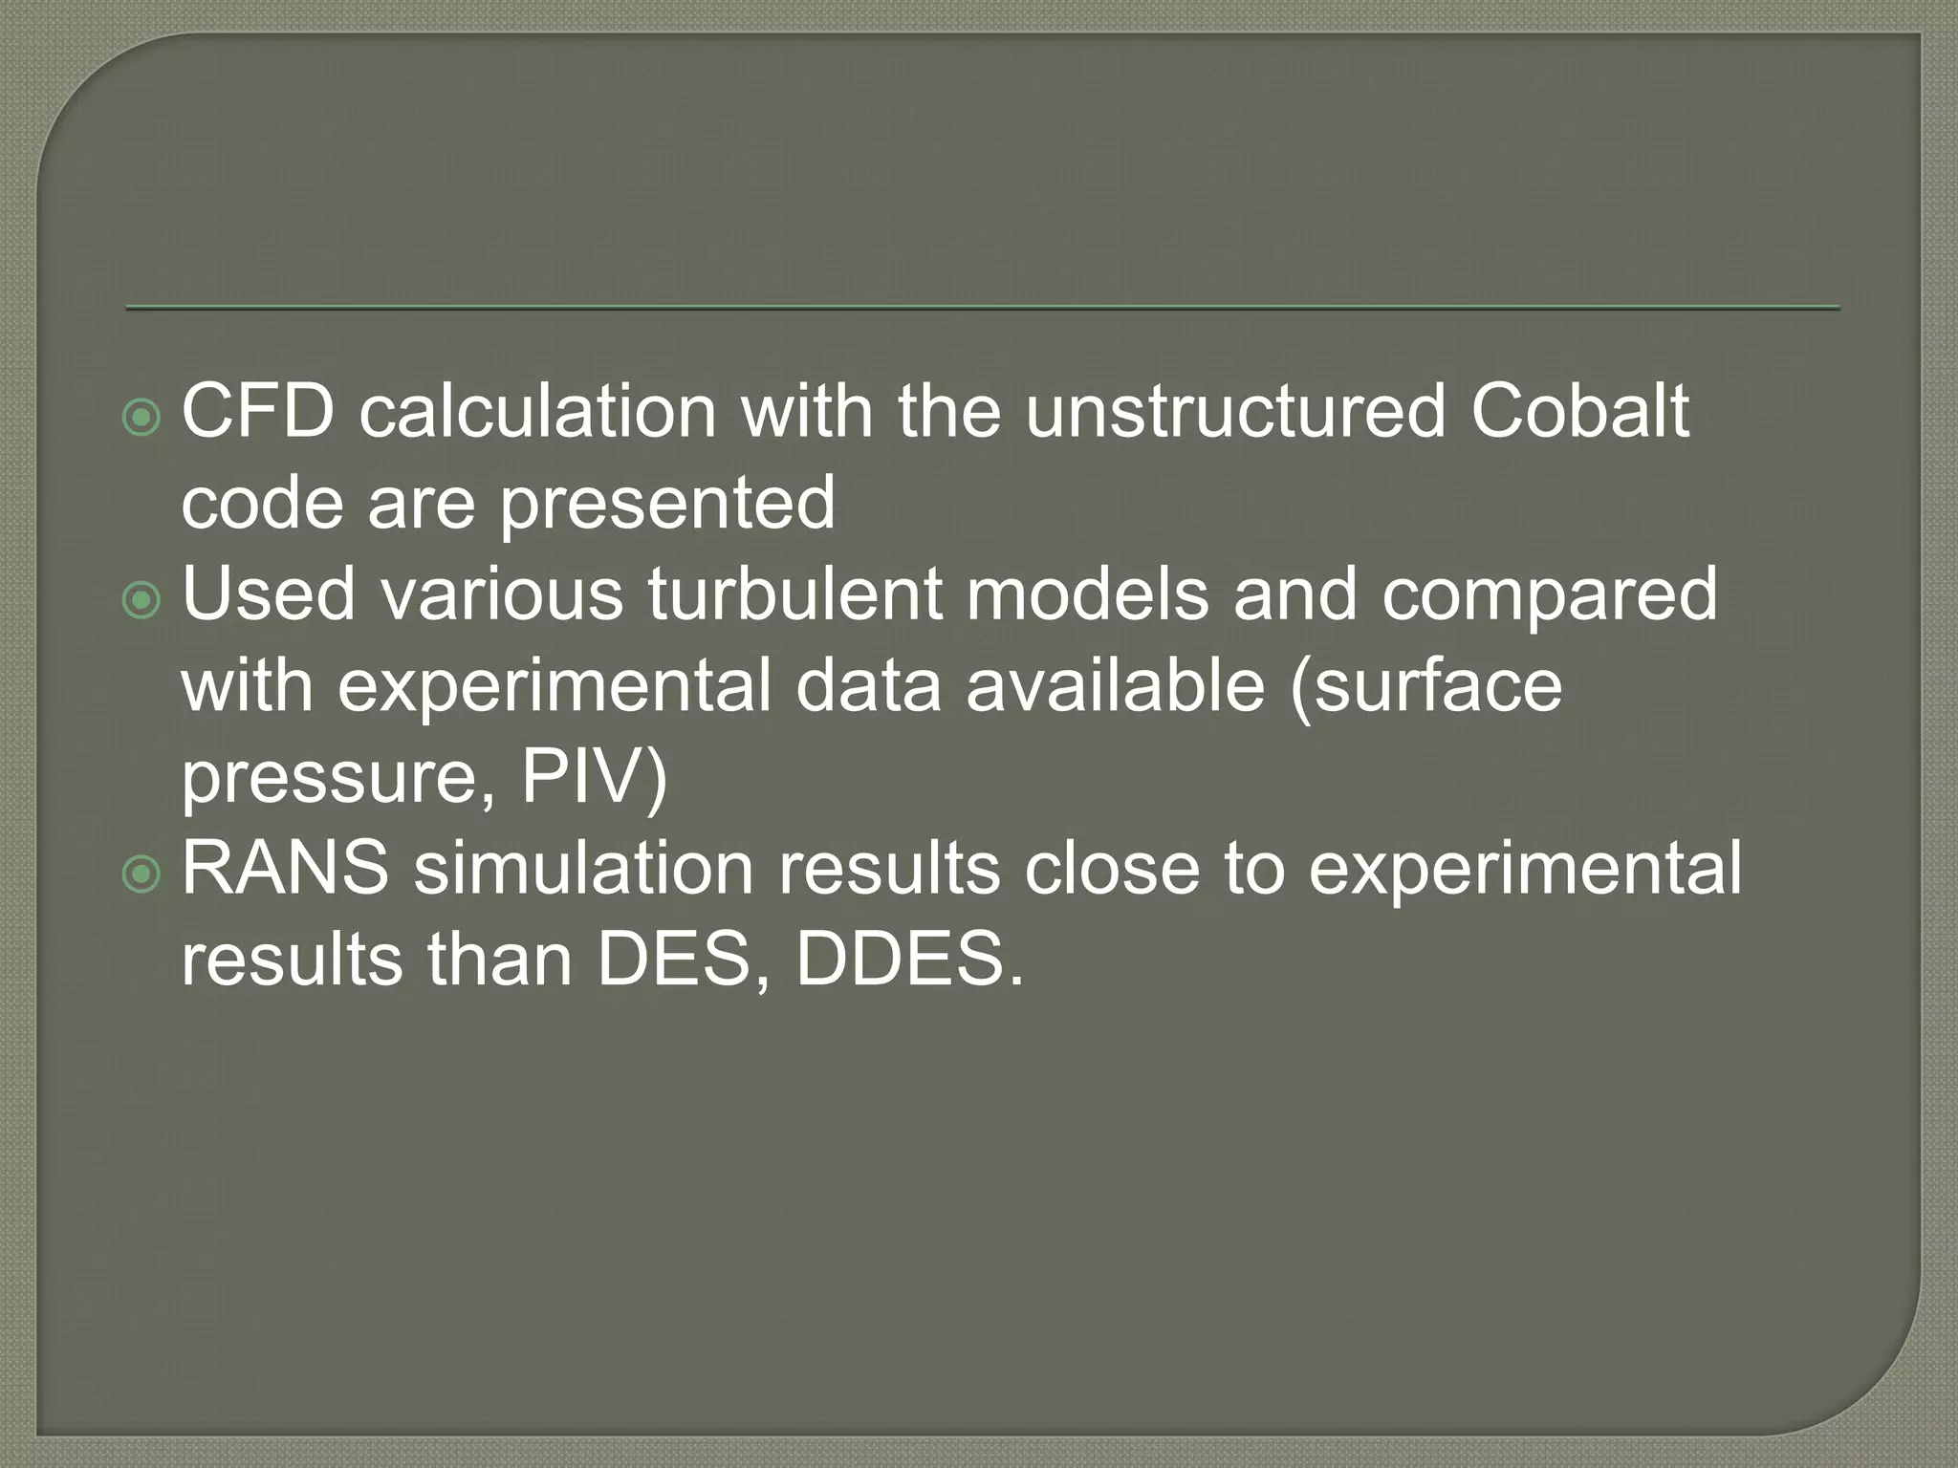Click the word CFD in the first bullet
click(x=258, y=412)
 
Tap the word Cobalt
click(x=1580, y=412)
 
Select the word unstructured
click(x=1235, y=412)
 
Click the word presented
click(x=667, y=504)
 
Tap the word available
click(x=1115, y=686)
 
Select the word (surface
click(x=1425, y=686)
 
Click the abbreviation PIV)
click(x=594, y=779)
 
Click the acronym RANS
click(x=285, y=869)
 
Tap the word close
click(x=1111, y=869)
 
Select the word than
click(x=500, y=961)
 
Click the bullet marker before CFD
click(x=142, y=418)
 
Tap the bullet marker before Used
click(x=142, y=600)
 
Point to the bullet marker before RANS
click(x=142, y=874)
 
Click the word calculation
click(x=537, y=412)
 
